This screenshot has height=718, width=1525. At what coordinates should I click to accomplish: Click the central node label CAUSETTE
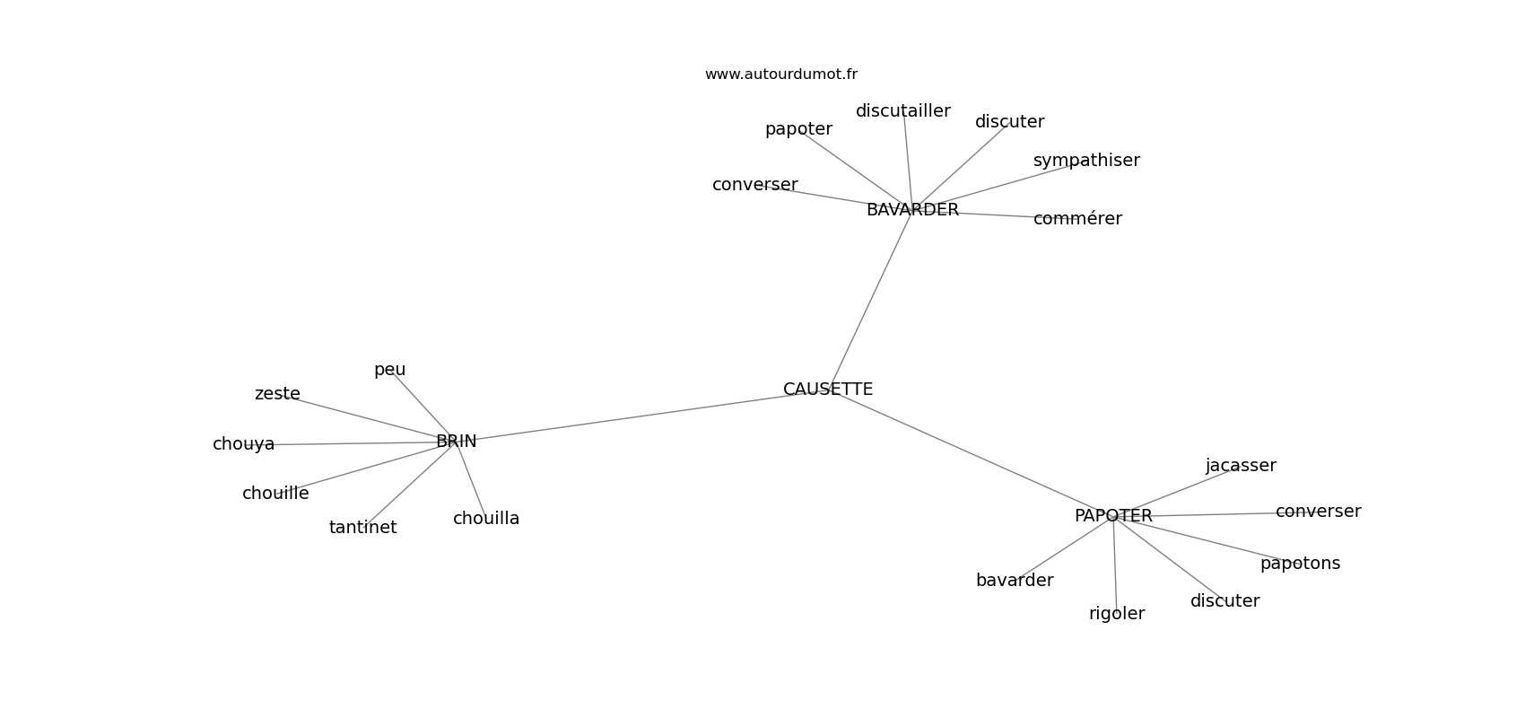point(828,389)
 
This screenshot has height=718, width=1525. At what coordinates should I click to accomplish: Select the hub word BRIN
point(456,442)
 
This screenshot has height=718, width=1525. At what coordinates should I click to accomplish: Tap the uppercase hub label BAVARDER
point(912,210)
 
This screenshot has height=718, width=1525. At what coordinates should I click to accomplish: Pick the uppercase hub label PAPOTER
point(1114,516)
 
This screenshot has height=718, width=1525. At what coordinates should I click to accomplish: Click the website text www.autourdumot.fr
point(780,74)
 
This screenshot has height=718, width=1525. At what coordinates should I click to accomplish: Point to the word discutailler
point(902,110)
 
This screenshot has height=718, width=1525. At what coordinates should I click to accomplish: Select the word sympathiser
point(1086,161)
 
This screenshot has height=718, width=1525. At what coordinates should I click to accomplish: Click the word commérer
point(1077,219)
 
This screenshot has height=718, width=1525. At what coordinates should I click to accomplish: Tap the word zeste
point(277,394)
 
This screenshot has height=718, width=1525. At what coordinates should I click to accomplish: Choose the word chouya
point(244,444)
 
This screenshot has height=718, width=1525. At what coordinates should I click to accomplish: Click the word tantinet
point(363,527)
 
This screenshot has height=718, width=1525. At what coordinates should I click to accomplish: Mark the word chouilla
point(486,519)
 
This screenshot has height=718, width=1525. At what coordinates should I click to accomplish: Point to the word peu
point(390,370)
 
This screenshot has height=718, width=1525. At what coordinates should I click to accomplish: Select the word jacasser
point(1242,465)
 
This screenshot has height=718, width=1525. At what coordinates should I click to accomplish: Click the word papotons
point(1301,564)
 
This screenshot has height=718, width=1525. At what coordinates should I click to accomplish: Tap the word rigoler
point(1117,614)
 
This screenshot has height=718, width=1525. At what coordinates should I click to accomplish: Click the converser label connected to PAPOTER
point(1318,511)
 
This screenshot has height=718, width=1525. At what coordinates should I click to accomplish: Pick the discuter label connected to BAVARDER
point(1009,122)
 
